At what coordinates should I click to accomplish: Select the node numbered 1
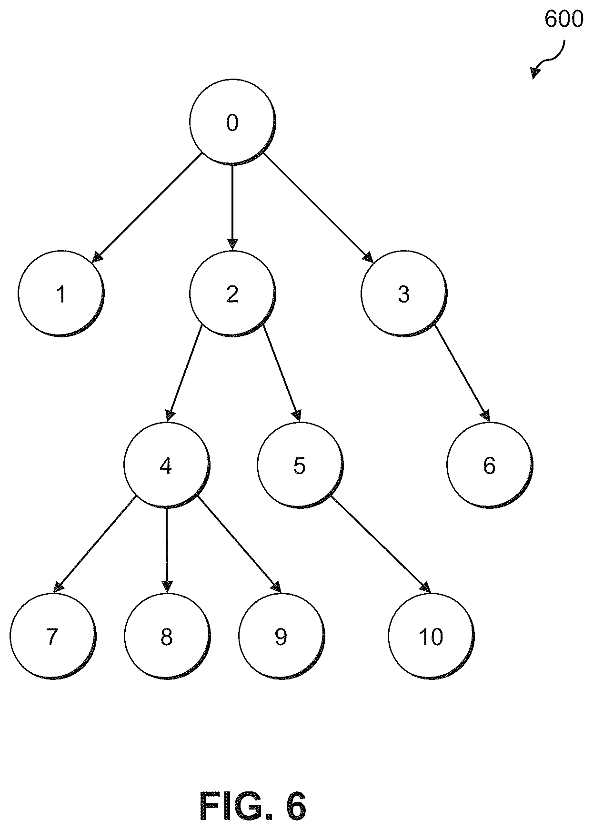click(x=61, y=294)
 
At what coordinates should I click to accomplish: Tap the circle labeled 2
click(x=232, y=294)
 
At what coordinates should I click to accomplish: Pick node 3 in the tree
click(x=404, y=294)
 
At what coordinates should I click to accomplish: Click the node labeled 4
click(x=166, y=465)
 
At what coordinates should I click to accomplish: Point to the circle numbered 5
click(x=300, y=465)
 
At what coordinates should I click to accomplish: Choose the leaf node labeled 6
click(x=490, y=465)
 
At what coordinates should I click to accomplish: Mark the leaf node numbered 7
click(x=52, y=637)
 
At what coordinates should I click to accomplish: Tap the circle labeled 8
click(x=166, y=637)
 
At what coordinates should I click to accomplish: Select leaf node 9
click(x=281, y=637)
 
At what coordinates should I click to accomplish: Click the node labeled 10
click(x=431, y=637)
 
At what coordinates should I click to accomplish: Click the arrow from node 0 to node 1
click(x=147, y=208)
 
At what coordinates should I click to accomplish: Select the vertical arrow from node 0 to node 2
click(x=232, y=208)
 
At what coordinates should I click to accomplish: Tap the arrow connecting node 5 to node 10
click(x=382, y=545)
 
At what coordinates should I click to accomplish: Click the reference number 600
click(x=563, y=20)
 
